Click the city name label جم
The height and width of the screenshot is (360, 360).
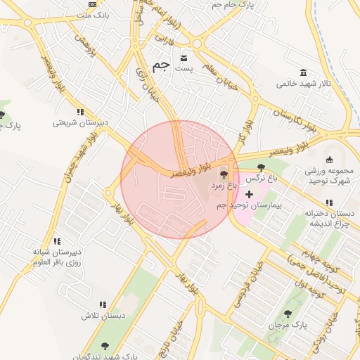161,65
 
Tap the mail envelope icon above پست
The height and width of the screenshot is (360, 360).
184,57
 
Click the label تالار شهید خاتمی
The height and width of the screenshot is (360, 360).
302,84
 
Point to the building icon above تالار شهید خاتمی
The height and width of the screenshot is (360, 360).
303,73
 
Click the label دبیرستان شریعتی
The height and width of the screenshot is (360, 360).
81,122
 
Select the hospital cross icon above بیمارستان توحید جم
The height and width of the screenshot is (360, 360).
250,193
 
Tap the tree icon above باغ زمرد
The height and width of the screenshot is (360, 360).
224,175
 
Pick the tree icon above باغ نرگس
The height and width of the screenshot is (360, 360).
262,167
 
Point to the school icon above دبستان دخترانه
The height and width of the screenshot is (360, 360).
329,202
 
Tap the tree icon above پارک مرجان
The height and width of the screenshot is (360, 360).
287,314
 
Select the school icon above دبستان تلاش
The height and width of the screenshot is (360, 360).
103,305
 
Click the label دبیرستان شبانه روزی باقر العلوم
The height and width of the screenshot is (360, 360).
56,257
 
